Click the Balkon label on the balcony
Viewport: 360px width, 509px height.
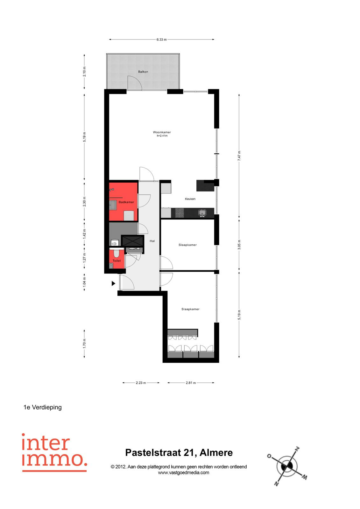pos(143,72)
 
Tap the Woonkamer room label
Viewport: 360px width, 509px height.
pos(162,132)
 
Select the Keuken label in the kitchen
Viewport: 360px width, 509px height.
pos(190,199)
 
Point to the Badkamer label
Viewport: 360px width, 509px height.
pos(126,202)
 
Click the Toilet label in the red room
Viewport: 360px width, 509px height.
pos(117,261)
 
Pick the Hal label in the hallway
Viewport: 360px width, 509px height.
pos(152,241)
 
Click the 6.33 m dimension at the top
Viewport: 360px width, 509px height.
pos(161,39)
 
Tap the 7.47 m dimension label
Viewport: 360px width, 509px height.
pos(239,156)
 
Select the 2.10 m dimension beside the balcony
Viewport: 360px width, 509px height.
pos(84,72)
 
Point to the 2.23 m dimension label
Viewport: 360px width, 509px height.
pos(141,383)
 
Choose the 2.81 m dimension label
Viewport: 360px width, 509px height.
pos(191,383)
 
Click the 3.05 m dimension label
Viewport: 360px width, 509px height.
pos(239,245)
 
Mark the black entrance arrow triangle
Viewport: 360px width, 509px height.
pos(113,283)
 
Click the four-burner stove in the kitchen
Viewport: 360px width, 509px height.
pos(179,213)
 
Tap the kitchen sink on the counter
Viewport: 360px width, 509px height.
pos(202,213)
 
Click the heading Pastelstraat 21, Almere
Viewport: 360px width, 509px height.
pos(179,453)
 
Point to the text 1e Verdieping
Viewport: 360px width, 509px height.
pos(43,407)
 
